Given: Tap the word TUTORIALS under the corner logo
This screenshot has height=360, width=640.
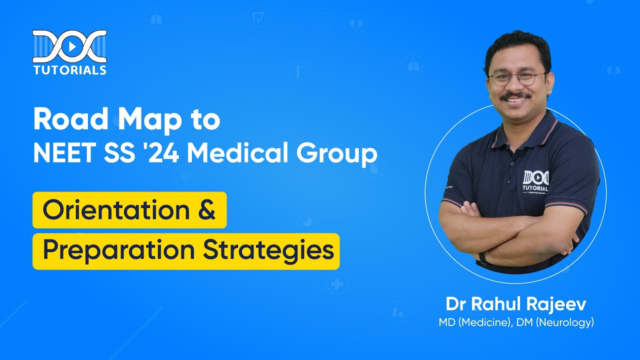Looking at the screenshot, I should [x=69, y=69].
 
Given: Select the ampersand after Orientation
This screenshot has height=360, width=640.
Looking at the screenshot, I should [x=205, y=210].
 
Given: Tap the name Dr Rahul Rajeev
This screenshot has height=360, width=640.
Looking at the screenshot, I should [x=515, y=304].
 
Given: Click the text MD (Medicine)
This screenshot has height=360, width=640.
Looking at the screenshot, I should [x=471, y=322].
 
